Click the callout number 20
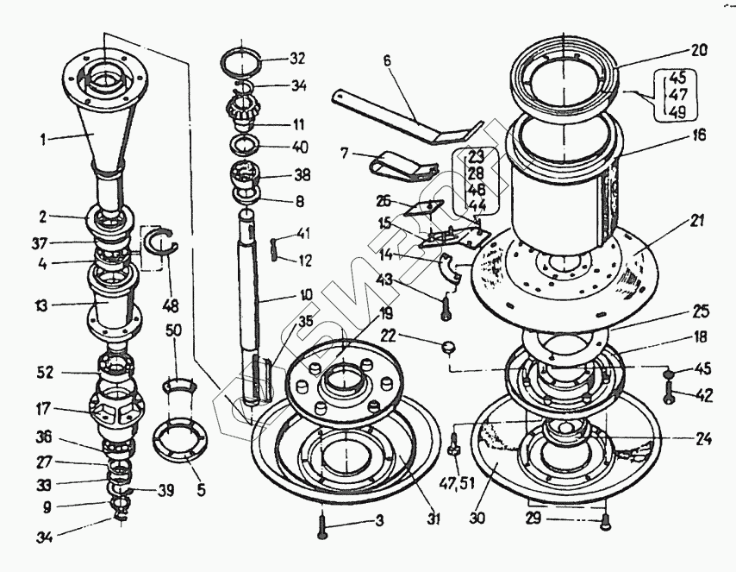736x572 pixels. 698,51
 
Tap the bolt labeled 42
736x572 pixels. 669,395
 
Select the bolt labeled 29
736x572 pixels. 606,519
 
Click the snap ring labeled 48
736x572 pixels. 160,245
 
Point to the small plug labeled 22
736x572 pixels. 446,347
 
